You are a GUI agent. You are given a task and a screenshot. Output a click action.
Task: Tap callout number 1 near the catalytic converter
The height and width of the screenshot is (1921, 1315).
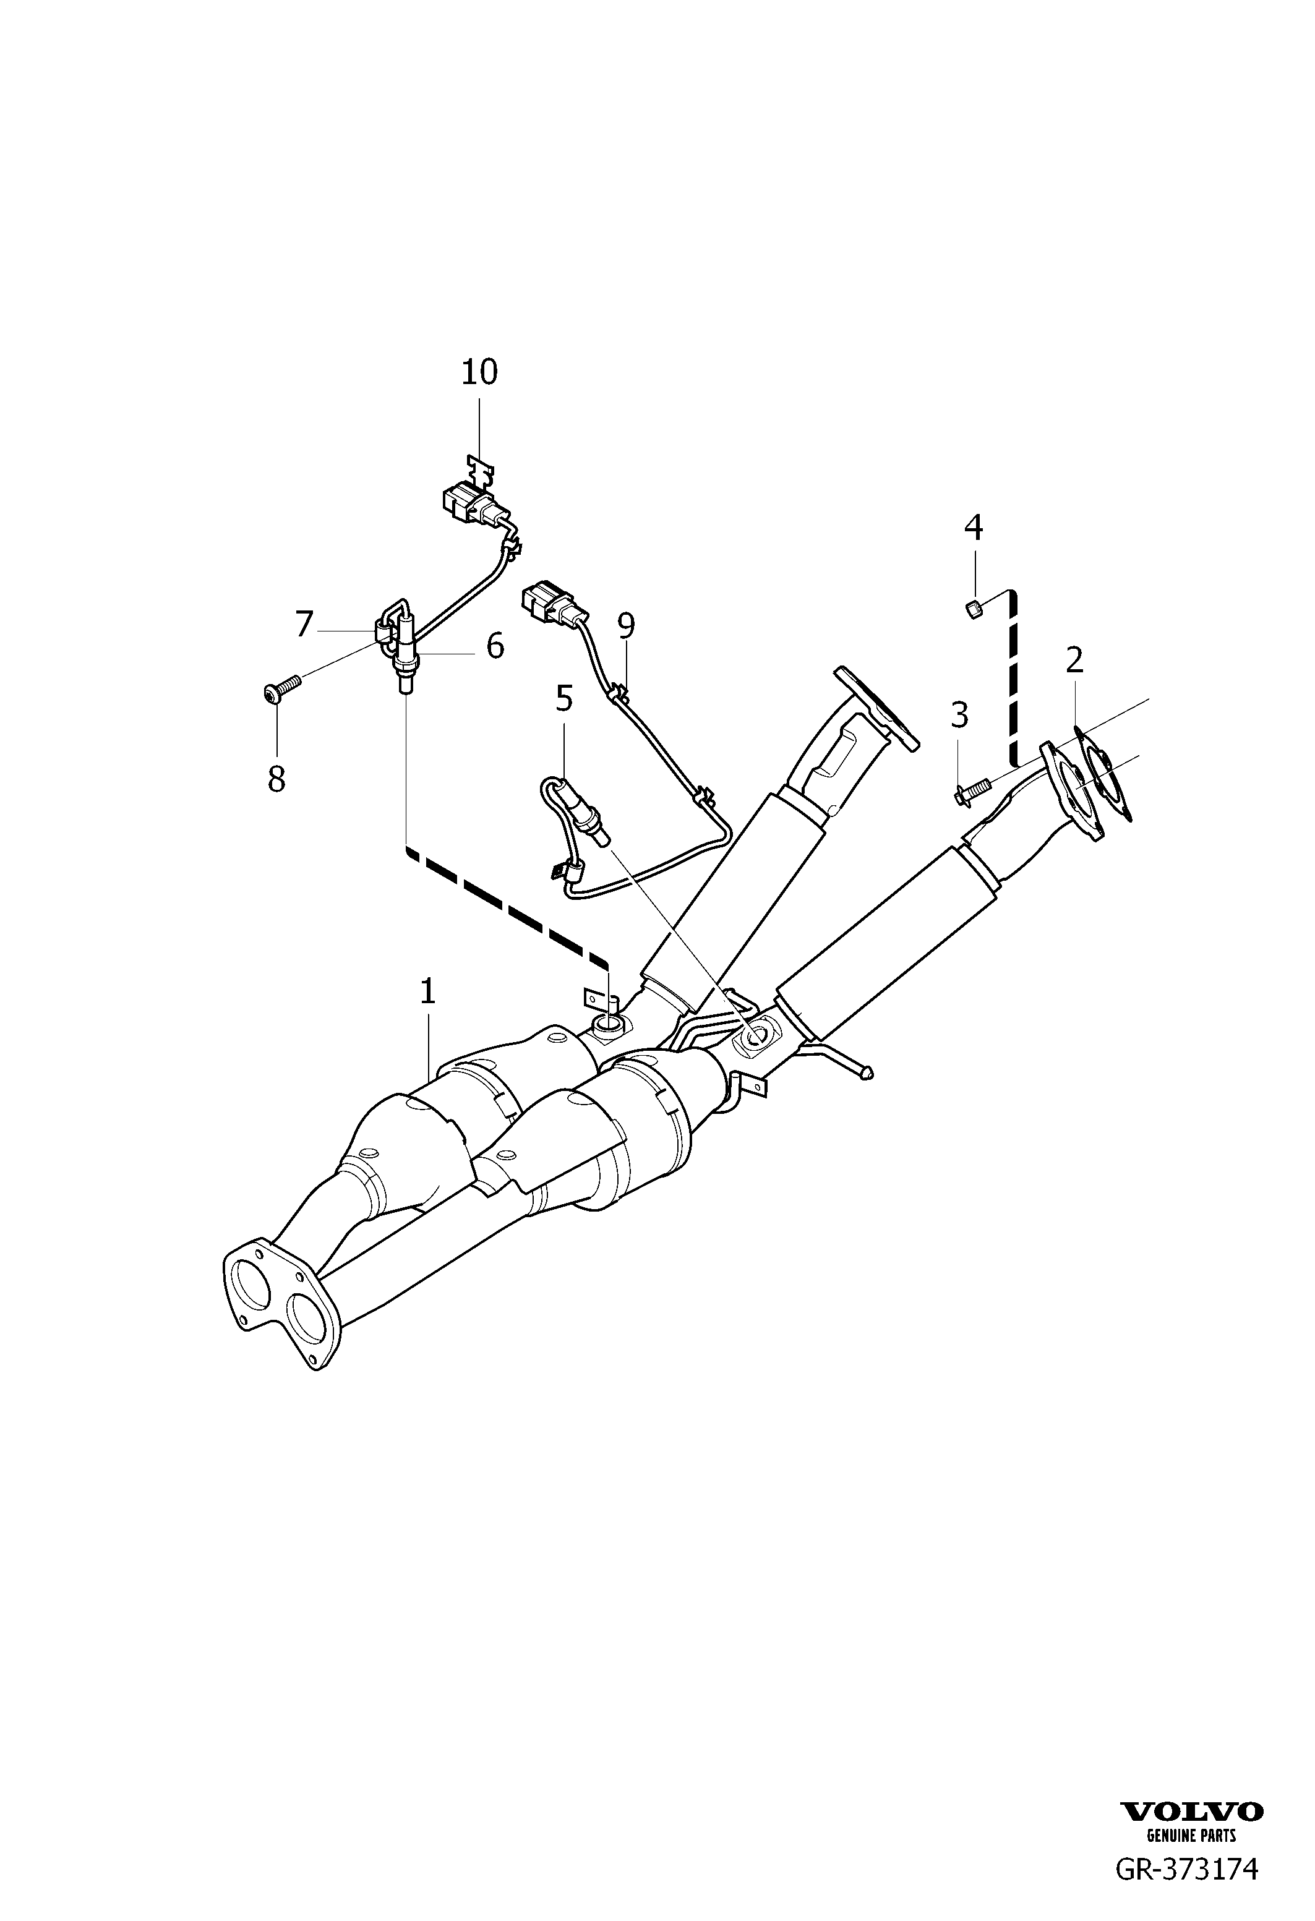427,991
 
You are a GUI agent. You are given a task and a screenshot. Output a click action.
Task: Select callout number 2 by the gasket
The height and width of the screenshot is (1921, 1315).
1074,660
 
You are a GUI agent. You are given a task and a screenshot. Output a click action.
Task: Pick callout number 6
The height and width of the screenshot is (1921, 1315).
494,646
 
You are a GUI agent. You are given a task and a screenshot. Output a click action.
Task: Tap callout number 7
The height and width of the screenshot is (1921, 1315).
304,623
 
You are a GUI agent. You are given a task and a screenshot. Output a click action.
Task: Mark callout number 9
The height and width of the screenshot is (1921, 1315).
626,627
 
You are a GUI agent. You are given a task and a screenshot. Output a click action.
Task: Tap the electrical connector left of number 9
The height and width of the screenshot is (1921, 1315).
546,602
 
